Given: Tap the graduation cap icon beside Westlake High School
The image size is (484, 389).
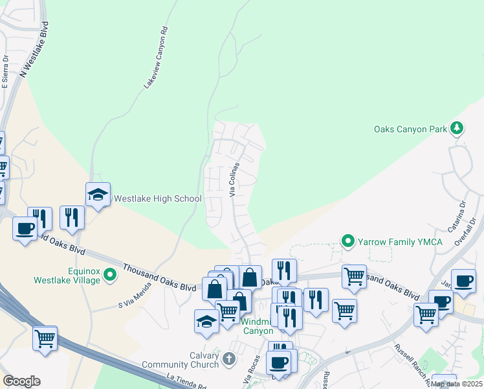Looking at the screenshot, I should point(98,194).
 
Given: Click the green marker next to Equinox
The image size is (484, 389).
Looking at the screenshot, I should point(110,276).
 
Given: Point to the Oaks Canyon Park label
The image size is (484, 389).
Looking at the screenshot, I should point(410,129).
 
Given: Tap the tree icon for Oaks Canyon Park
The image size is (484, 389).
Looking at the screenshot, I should point(457,128).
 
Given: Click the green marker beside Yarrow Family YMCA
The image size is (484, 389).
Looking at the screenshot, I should point(348,242).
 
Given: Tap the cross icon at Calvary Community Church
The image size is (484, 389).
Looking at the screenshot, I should point(228,359).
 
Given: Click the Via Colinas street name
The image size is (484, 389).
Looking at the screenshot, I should point(235,180).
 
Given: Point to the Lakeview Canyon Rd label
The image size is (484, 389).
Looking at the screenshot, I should point(155,58).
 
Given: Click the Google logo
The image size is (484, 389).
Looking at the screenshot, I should point(21,381).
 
